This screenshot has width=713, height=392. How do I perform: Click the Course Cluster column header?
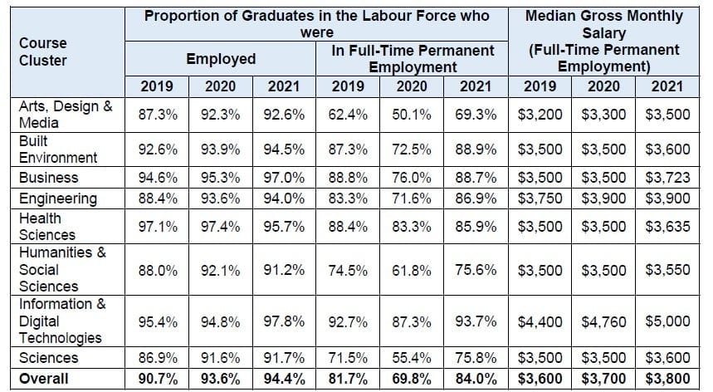click(42, 51)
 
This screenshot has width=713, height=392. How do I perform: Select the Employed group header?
click(220, 59)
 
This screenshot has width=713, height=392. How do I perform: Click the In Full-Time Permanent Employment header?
click(413, 59)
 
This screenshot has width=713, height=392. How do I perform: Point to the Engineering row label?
click(58, 198)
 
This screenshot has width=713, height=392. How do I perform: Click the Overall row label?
click(45, 379)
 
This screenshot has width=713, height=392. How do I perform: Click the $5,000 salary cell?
click(668, 321)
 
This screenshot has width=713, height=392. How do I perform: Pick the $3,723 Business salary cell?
click(668, 178)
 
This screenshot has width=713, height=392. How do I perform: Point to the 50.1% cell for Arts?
click(413, 115)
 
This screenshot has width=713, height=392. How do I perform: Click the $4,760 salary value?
click(603, 321)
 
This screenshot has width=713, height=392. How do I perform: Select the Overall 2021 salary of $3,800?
click(668, 379)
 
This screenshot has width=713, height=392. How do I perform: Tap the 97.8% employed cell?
click(284, 321)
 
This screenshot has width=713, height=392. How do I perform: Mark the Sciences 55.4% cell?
click(413, 359)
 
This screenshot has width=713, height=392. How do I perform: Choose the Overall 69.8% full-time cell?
click(413, 379)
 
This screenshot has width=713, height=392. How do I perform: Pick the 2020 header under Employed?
click(220, 86)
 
